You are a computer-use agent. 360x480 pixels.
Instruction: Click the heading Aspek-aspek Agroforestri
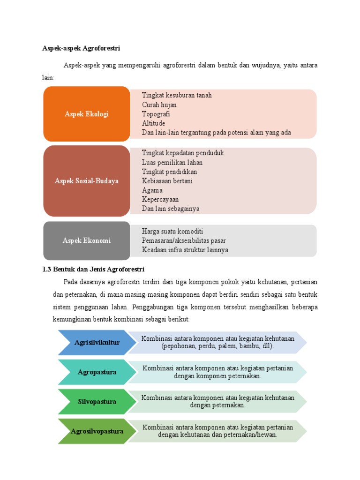pos(81,48)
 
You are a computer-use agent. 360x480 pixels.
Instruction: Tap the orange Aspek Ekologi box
pos(87,114)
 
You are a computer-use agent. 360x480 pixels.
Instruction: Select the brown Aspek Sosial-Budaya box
pos(87,181)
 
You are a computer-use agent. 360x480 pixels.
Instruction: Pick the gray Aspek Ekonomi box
pos(87,240)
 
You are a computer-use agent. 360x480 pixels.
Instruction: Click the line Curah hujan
pos(159,105)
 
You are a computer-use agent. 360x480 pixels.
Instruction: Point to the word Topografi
pos(156,114)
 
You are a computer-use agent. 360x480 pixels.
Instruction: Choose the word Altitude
pos(153,123)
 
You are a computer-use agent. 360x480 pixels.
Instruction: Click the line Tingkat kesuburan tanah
pos(177,95)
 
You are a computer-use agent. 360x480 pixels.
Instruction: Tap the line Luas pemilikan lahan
pos(172,163)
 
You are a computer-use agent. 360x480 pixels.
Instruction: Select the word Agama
pos(152,190)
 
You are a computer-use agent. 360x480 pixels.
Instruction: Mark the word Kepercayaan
pos(160,200)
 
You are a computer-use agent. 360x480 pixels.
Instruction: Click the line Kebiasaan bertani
pos(167,181)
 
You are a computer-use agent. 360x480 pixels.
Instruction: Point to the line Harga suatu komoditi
pos(172,232)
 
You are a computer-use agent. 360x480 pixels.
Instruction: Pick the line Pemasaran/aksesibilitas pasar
pos(184,240)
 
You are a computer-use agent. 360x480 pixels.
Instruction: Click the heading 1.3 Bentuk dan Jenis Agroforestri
pos(93,270)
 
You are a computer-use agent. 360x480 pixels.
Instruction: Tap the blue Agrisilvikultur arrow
pos(97,343)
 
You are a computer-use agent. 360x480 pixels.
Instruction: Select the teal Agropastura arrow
pos(97,372)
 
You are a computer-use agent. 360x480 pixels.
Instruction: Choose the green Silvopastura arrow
pos(97,402)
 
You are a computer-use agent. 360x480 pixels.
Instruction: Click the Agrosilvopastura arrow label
pos(97,431)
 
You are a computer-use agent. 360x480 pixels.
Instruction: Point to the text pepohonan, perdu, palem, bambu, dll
pos(217,346)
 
